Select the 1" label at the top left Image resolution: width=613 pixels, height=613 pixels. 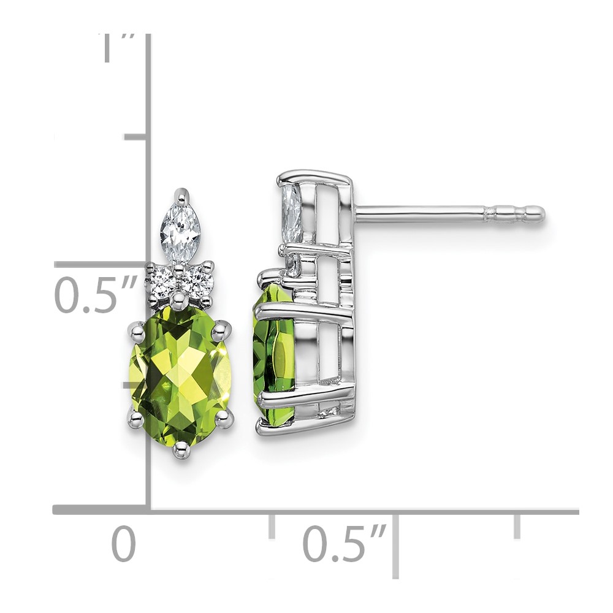click(x=117, y=48)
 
